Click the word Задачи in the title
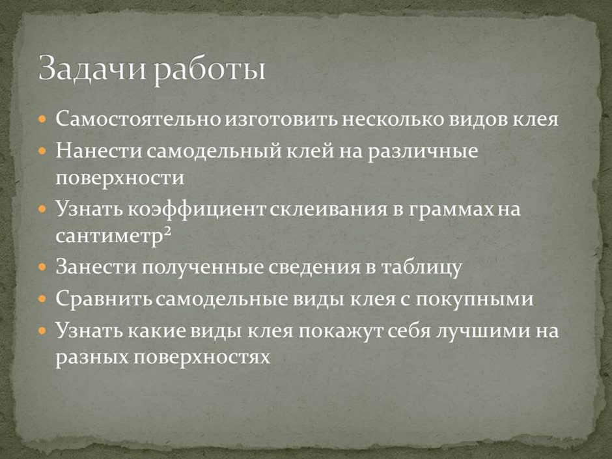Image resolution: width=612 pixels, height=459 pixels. (x=89, y=68)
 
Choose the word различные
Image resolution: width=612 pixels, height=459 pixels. (x=423, y=152)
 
